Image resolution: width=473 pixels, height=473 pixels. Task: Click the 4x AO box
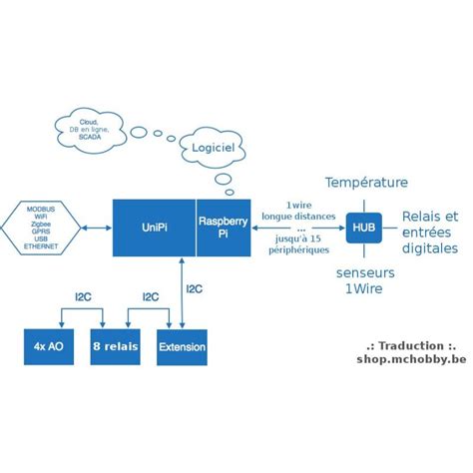[50, 346]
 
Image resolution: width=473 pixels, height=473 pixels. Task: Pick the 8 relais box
[115, 346]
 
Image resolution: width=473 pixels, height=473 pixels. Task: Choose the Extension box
[182, 346]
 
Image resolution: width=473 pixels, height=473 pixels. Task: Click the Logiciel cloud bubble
[211, 149]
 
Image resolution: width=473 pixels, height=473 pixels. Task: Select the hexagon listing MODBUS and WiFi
[43, 227]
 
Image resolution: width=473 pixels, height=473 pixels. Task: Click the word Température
[366, 183]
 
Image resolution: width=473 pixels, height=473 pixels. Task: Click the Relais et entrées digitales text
[429, 232]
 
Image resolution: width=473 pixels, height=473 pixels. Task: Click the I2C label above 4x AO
[86, 295]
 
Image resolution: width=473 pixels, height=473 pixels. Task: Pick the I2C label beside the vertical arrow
[195, 289]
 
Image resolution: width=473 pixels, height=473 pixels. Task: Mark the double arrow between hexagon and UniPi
[97, 227]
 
